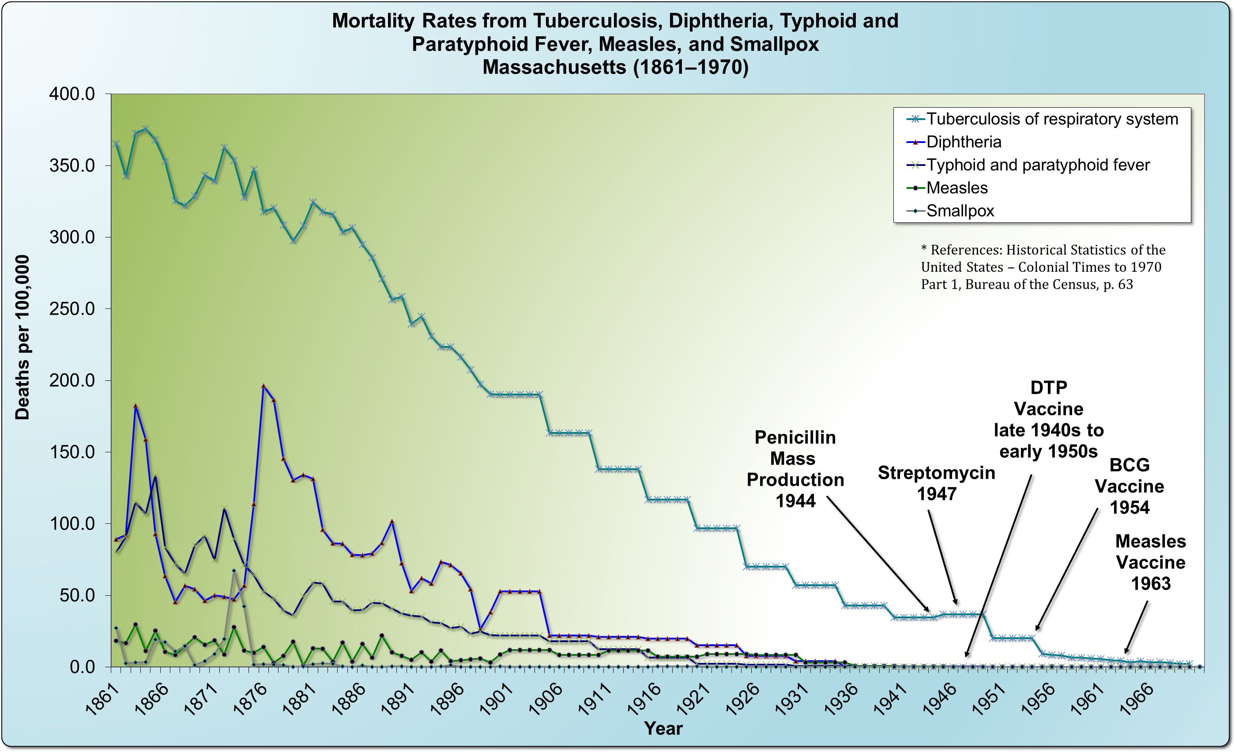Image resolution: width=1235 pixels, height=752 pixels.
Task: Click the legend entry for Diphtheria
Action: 964,142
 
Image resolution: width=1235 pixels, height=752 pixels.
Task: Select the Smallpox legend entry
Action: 959,211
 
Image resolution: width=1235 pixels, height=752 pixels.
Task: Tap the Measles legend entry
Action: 956,188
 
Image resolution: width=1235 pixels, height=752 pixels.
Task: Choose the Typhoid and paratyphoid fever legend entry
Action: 1038,165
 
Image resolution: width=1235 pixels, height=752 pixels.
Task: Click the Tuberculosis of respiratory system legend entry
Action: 1051,119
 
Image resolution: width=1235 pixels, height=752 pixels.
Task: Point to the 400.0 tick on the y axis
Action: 72,94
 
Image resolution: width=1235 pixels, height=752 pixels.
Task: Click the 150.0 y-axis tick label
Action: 72,452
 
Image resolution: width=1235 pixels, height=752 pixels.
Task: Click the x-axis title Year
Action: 663,729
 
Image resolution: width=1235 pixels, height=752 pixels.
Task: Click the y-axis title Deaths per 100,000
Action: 23,338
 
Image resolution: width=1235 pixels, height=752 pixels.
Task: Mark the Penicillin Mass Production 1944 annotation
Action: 795,469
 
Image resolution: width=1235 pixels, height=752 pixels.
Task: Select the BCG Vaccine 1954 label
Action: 1129,486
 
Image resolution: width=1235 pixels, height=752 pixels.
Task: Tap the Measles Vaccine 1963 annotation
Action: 1150,562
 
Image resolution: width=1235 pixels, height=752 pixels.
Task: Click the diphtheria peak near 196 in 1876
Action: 264,386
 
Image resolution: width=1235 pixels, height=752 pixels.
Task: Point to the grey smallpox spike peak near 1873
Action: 233,571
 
